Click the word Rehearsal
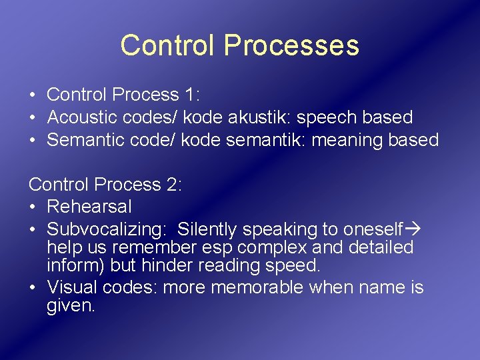coord(89,207)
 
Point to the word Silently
coord(207,230)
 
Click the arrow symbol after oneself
coord(413,229)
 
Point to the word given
coord(71,307)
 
